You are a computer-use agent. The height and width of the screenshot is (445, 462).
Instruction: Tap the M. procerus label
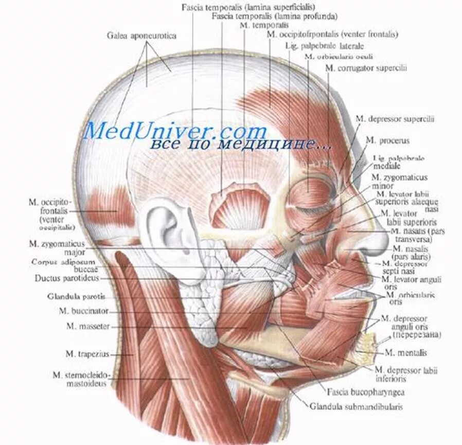pos(387,140)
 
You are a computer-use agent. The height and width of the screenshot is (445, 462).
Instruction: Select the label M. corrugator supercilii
pos(366,68)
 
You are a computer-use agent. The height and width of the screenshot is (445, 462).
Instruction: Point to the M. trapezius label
pos(85,353)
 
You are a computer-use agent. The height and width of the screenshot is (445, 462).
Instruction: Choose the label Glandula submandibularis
pos(356,406)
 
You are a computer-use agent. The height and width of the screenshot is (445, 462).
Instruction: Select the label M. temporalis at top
pos(264,25)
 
